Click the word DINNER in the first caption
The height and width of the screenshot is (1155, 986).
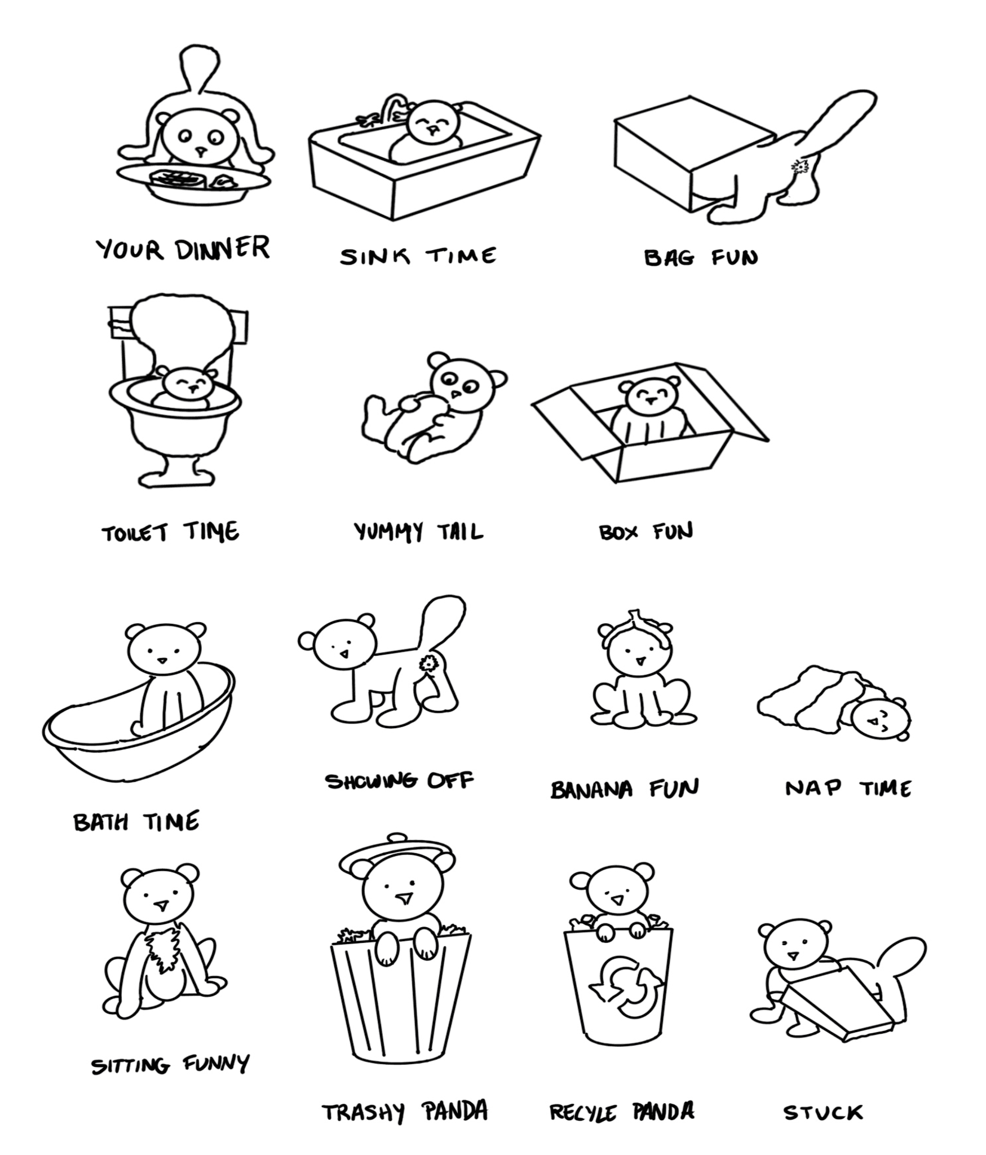point(222,248)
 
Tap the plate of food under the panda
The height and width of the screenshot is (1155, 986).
point(193,182)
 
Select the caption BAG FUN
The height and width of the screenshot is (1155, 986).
point(701,257)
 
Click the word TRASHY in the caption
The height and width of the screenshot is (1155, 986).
point(364,1112)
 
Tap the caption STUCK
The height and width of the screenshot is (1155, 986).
point(823,1112)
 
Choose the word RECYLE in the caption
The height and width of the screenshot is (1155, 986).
point(582,1112)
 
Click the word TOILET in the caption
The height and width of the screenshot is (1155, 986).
point(135,532)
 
